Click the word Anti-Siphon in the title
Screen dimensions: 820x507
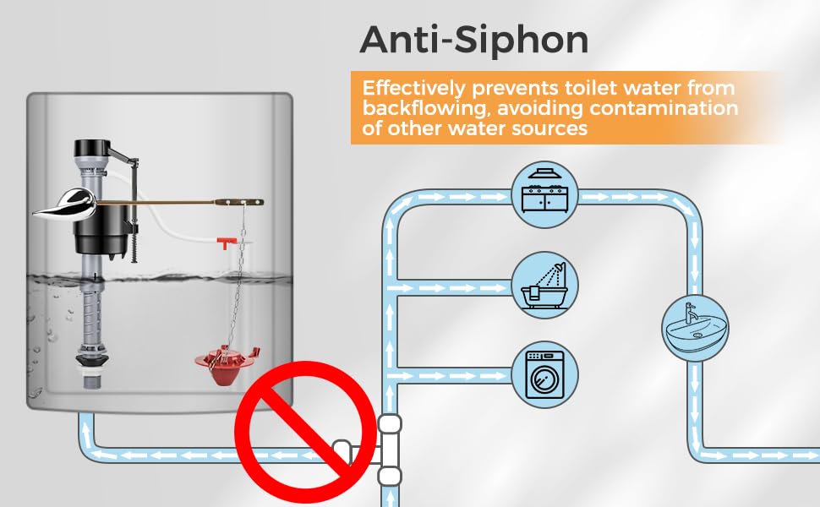click(x=473, y=41)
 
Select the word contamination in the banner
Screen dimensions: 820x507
click(x=664, y=108)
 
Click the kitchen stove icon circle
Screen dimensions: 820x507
click(x=544, y=194)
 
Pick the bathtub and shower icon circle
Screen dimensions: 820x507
click(x=544, y=285)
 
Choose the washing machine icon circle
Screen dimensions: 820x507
click(x=544, y=374)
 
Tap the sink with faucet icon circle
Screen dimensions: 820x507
click(x=695, y=328)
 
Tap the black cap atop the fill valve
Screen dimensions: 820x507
click(x=92, y=149)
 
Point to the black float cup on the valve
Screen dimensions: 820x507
click(x=101, y=229)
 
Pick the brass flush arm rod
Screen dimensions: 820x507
click(x=179, y=202)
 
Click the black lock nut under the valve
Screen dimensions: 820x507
click(x=92, y=359)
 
